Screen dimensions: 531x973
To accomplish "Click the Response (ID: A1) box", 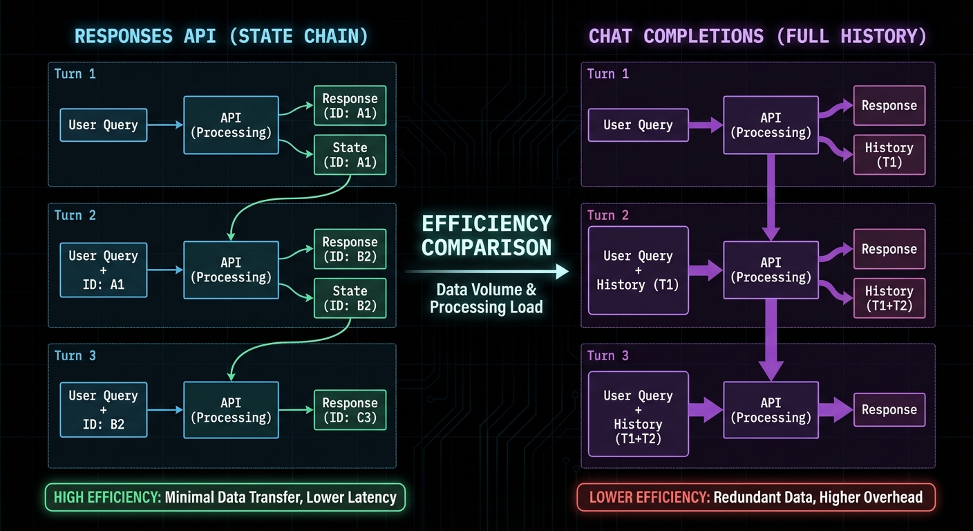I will point(350,106).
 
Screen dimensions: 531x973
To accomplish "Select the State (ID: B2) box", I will point(350,298).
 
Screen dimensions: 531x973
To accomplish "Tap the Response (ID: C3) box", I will point(350,410).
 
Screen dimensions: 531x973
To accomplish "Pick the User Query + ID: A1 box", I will point(103,270).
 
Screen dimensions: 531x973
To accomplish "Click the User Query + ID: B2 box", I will point(103,409).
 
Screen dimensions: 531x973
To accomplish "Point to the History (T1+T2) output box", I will point(889,298).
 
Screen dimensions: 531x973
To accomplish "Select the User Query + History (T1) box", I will point(638,270).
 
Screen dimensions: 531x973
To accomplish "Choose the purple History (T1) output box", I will point(889,154).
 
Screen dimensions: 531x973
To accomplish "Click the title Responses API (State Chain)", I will point(222,36).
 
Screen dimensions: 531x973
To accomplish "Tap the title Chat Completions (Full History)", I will point(757,36).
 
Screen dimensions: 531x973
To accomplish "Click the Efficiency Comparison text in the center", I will point(486,235).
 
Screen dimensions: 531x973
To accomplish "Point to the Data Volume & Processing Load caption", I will point(486,299).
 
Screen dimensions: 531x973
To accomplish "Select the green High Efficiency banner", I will point(225,497).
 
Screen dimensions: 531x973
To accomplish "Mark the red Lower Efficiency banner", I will point(755,497).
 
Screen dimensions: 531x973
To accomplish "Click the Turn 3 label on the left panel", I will point(75,355).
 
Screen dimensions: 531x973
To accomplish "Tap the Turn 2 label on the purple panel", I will point(608,215).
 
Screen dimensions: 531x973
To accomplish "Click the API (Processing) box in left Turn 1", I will point(232,125).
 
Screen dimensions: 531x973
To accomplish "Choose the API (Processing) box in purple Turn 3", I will point(771,410).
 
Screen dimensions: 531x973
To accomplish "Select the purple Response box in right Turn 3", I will point(889,410).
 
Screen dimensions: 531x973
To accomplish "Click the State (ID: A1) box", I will point(350,154).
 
